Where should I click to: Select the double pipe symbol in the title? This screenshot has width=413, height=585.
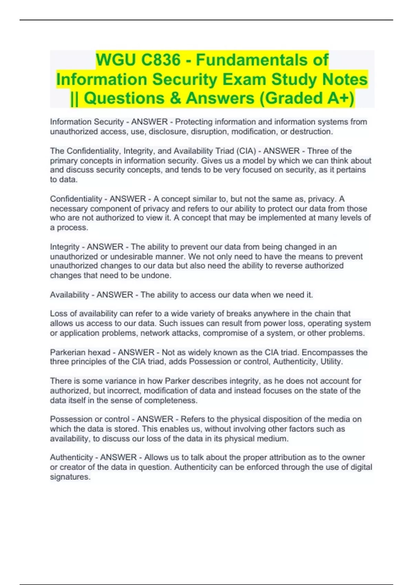pyautogui.click(x=74, y=98)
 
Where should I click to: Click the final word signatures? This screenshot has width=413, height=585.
pyautogui.click(x=70, y=477)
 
